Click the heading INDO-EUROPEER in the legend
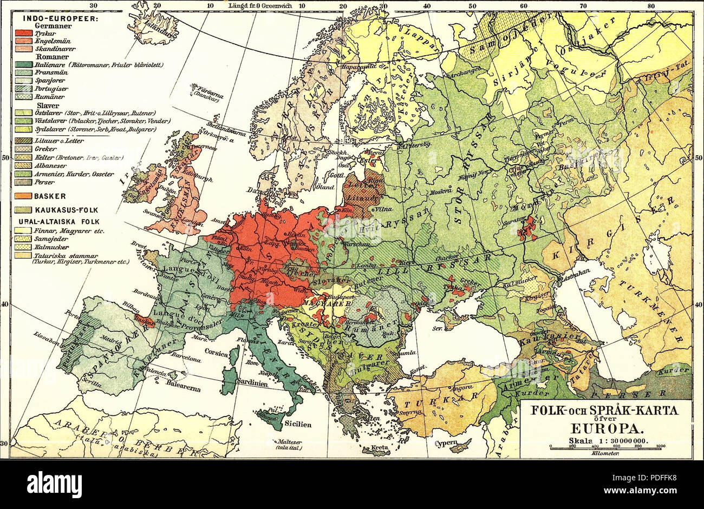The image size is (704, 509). point(59,18)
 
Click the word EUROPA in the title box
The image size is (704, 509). point(605,431)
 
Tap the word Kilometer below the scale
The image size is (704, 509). point(605,453)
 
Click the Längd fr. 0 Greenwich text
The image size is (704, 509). point(260,6)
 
